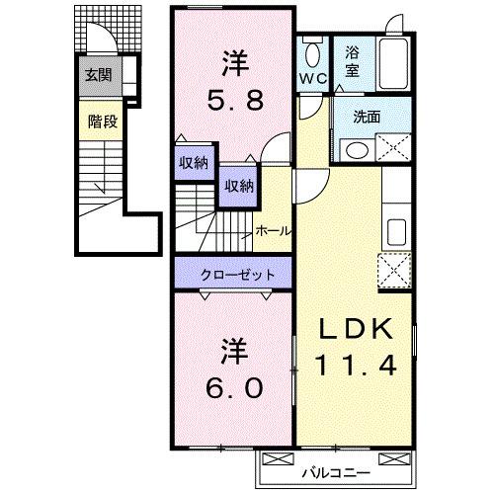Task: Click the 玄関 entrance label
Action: (x=96, y=74)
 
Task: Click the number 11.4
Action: (x=357, y=364)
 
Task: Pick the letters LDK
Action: (x=357, y=329)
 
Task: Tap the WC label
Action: (x=313, y=75)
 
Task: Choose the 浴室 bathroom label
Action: (x=353, y=63)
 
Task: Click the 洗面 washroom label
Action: (x=367, y=116)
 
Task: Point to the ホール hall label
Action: (x=273, y=230)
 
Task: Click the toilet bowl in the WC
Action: (x=313, y=51)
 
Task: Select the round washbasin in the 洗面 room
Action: (x=355, y=148)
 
